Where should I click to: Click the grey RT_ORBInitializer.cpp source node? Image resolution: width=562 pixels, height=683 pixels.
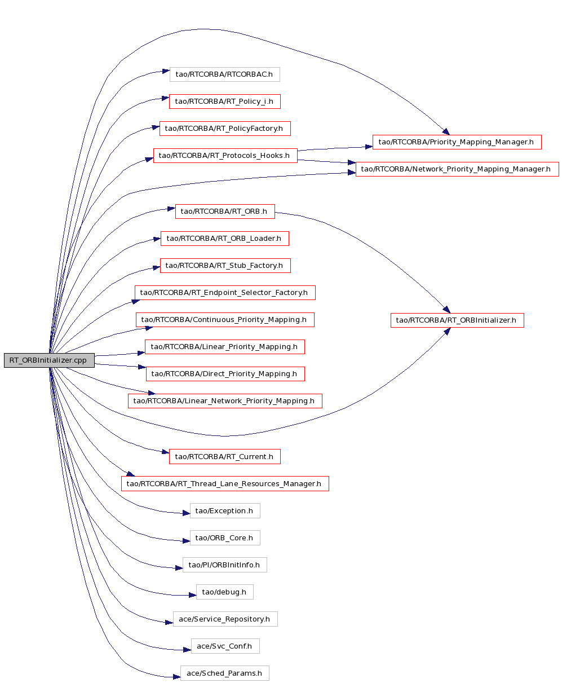pos(49,360)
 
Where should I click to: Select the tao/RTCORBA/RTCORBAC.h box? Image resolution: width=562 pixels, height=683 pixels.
pos(225,74)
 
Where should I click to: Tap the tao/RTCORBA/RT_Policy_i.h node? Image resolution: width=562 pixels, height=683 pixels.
pos(225,102)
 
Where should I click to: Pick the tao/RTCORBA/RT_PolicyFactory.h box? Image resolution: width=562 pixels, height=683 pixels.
pos(225,129)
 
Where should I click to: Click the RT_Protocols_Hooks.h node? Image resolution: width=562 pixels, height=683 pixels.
pos(225,156)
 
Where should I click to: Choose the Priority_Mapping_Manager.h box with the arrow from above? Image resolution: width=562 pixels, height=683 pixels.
pos(457,142)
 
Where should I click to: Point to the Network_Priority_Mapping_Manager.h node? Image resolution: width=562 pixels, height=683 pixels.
pos(457,169)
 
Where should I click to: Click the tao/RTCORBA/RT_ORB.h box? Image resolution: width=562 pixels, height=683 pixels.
pos(225,211)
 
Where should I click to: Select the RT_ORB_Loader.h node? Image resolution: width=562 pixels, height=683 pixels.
pos(225,239)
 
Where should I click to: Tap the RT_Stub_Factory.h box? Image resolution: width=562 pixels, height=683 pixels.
pos(225,266)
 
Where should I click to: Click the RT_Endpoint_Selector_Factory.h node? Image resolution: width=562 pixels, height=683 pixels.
pos(225,293)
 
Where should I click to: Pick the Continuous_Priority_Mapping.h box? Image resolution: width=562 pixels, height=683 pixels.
pos(225,320)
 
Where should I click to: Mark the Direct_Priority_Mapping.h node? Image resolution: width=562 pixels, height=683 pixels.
pos(225,374)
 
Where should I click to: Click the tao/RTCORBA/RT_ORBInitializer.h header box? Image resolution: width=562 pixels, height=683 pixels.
pos(457,320)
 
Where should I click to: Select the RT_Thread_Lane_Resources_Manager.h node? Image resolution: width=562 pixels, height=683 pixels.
pos(225,483)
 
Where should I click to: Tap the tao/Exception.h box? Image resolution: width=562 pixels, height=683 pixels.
pos(225,511)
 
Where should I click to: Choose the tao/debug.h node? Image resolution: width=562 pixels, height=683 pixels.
pos(225,592)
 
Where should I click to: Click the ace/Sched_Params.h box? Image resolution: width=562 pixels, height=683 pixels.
pos(225,673)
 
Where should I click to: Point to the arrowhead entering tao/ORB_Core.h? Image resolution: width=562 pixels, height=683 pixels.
pos(186,541)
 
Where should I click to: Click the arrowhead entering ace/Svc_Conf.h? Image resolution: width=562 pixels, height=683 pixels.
pos(187,650)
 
